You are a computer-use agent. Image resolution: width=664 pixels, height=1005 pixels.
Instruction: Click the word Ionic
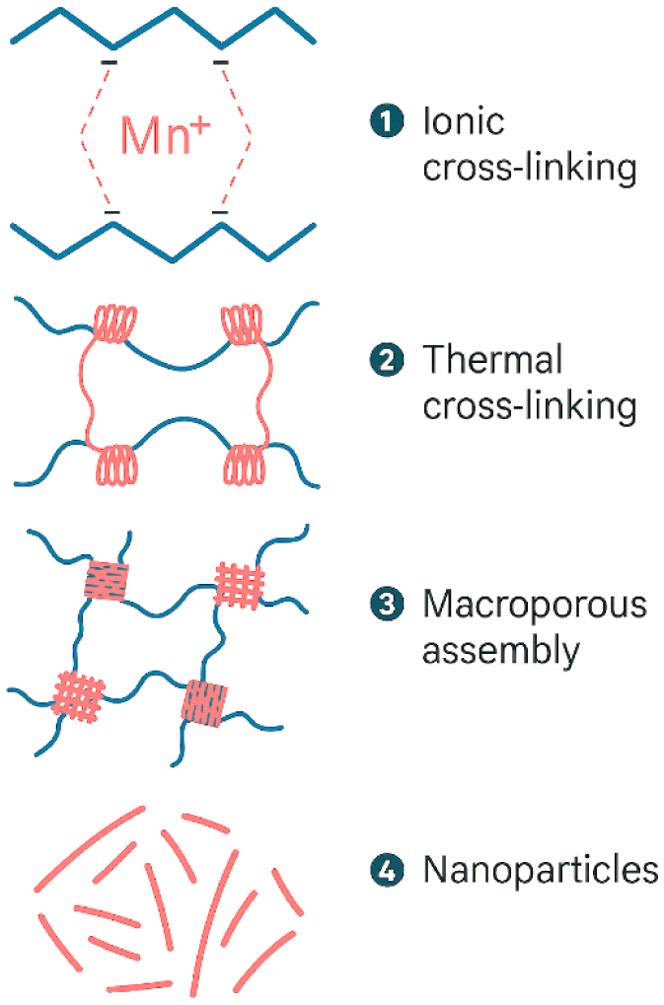pyautogui.click(x=463, y=121)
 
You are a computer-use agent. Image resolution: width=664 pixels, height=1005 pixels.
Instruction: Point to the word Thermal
pyautogui.click(x=492, y=360)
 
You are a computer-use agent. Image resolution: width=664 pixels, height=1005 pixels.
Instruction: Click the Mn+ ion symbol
pyautogui.click(x=165, y=136)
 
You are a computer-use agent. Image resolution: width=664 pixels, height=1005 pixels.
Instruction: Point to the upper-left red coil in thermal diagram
pyautogui.click(x=115, y=324)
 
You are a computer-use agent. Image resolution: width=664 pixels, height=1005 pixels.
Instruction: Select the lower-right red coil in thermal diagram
pyautogui.click(x=246, y=463)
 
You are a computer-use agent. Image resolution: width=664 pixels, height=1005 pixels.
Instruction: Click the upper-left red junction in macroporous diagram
pyautogui.click(x=106, y=581)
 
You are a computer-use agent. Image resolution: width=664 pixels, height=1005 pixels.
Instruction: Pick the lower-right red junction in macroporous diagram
pyautogui.click(x=205, y=700)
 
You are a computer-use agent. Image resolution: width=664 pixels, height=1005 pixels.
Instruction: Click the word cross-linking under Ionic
pyautogui.click(x=529, y=169)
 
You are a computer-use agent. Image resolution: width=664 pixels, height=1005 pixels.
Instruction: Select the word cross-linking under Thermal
pyautogui.click(x=529, y=407)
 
